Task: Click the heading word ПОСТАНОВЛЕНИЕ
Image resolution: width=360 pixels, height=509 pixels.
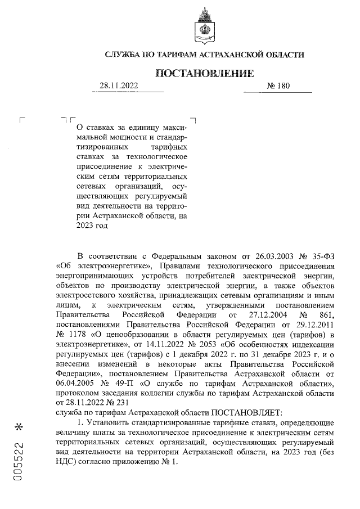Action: (x=204, y=73)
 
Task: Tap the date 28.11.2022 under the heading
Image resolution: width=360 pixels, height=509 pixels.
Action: (x=119, y=86)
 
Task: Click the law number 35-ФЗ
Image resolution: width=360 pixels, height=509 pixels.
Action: (x=325, y=254)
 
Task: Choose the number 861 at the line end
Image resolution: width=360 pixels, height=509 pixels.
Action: (x=327, y=313)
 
